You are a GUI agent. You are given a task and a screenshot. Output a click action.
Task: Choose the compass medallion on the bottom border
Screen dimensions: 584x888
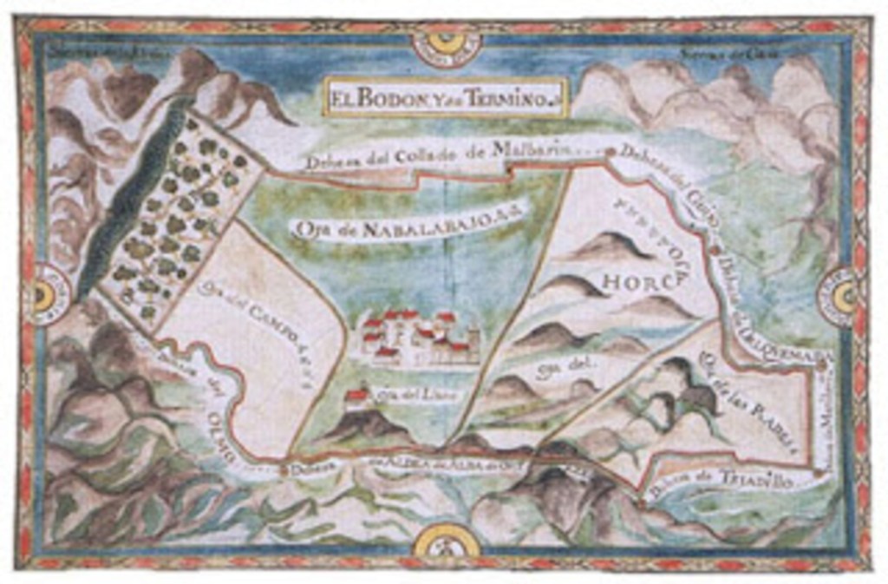pyautogui.click(x=446, y=544)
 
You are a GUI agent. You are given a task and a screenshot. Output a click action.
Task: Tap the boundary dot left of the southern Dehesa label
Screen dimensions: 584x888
pyautogui.click(x=283, y=470)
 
